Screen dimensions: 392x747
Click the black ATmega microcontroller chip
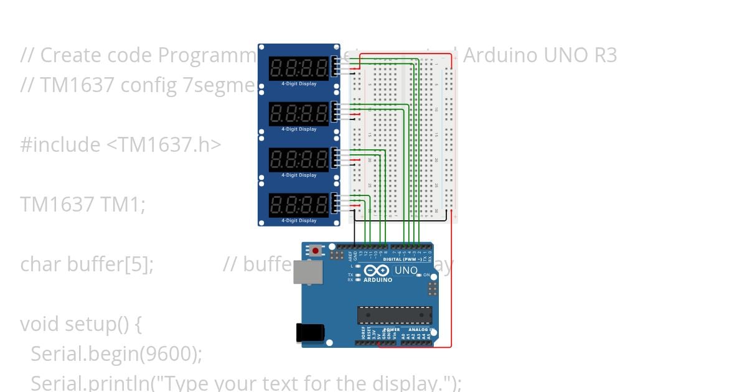(x=394, y=315)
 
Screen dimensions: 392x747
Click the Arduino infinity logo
(x=377, y=271)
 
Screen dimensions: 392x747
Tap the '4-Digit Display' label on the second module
(x=299, y=129)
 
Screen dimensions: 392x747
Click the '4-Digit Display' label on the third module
(x=299, y=175)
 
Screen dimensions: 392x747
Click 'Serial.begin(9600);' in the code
(x=116, y=353)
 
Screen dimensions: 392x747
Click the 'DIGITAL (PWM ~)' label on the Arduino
(x=403, y=258)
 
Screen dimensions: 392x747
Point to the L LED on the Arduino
(x=357, y=266)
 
